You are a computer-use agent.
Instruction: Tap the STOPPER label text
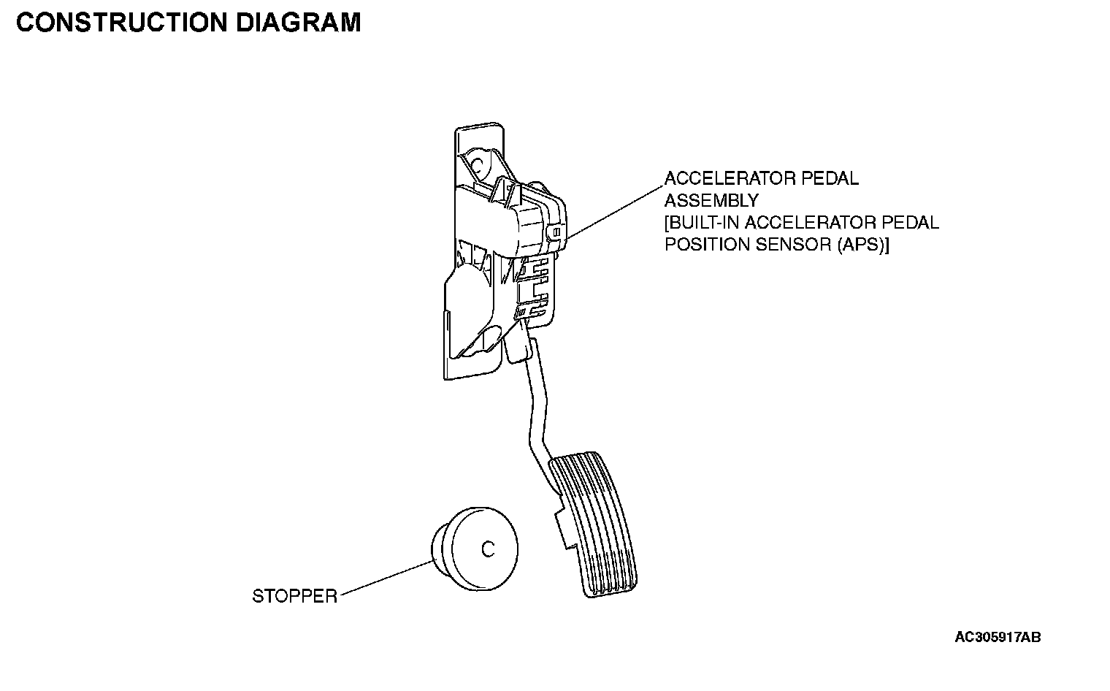pyautogui.click(x=294, y=597)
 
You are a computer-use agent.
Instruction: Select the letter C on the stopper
pyautogui.click(x=488, y=549)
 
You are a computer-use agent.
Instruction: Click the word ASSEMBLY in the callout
pyautogui.click(x=711, y=200)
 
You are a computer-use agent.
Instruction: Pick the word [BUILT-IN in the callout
pyautogui.click(x=703, y=223)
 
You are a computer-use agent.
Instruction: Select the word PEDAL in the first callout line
pyautogui.click(x=833, y=178)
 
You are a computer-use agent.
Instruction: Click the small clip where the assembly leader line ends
pyautogui.click(x=556, y=233)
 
